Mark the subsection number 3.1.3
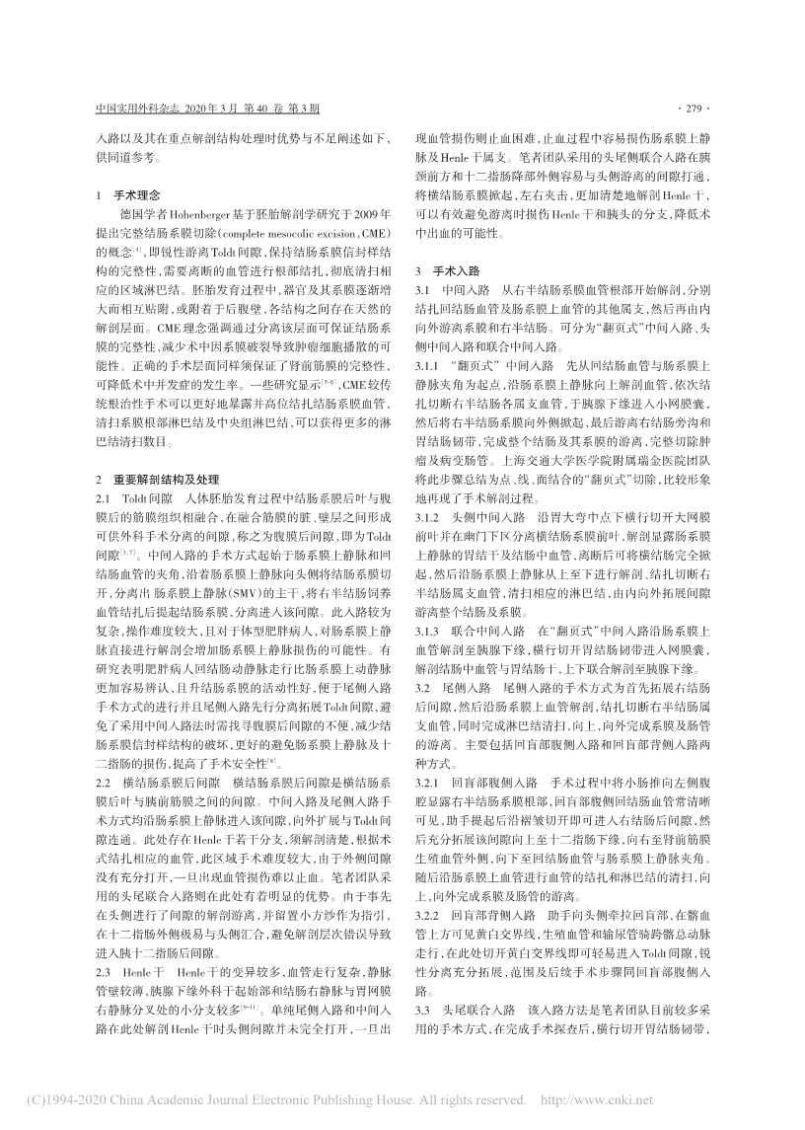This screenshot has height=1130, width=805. coord(430,601)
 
